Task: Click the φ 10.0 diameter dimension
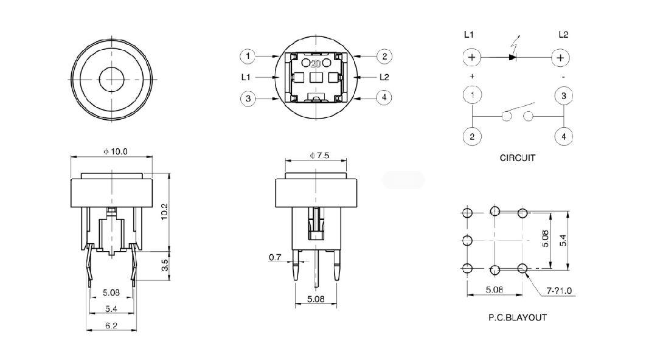click(x=115, y=151)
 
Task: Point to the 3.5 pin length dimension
click(x=165, y=266)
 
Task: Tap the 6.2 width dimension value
click(x=111, y=325)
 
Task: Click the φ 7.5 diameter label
click(x=319, y=156)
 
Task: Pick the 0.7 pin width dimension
click(x=275, y=258)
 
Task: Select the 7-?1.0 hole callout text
click(x=559, y=291)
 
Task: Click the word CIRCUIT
click(x=518, y=158)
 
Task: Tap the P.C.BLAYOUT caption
click(x=518, y=317)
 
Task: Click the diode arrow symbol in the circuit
click(x=512, y=58)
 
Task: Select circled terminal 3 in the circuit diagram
click(x=564, y=95)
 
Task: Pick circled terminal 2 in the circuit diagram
click(x=472, y=136)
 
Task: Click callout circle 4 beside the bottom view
click(x=384, y=97)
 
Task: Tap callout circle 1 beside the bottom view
click(x=247, y=57)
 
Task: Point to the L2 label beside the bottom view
click(x=384, y=77)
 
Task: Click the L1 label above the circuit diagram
click(x=469, y=35)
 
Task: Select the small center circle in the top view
click(x=111, y=79)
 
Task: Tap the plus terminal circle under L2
click(x=560, y=58)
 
